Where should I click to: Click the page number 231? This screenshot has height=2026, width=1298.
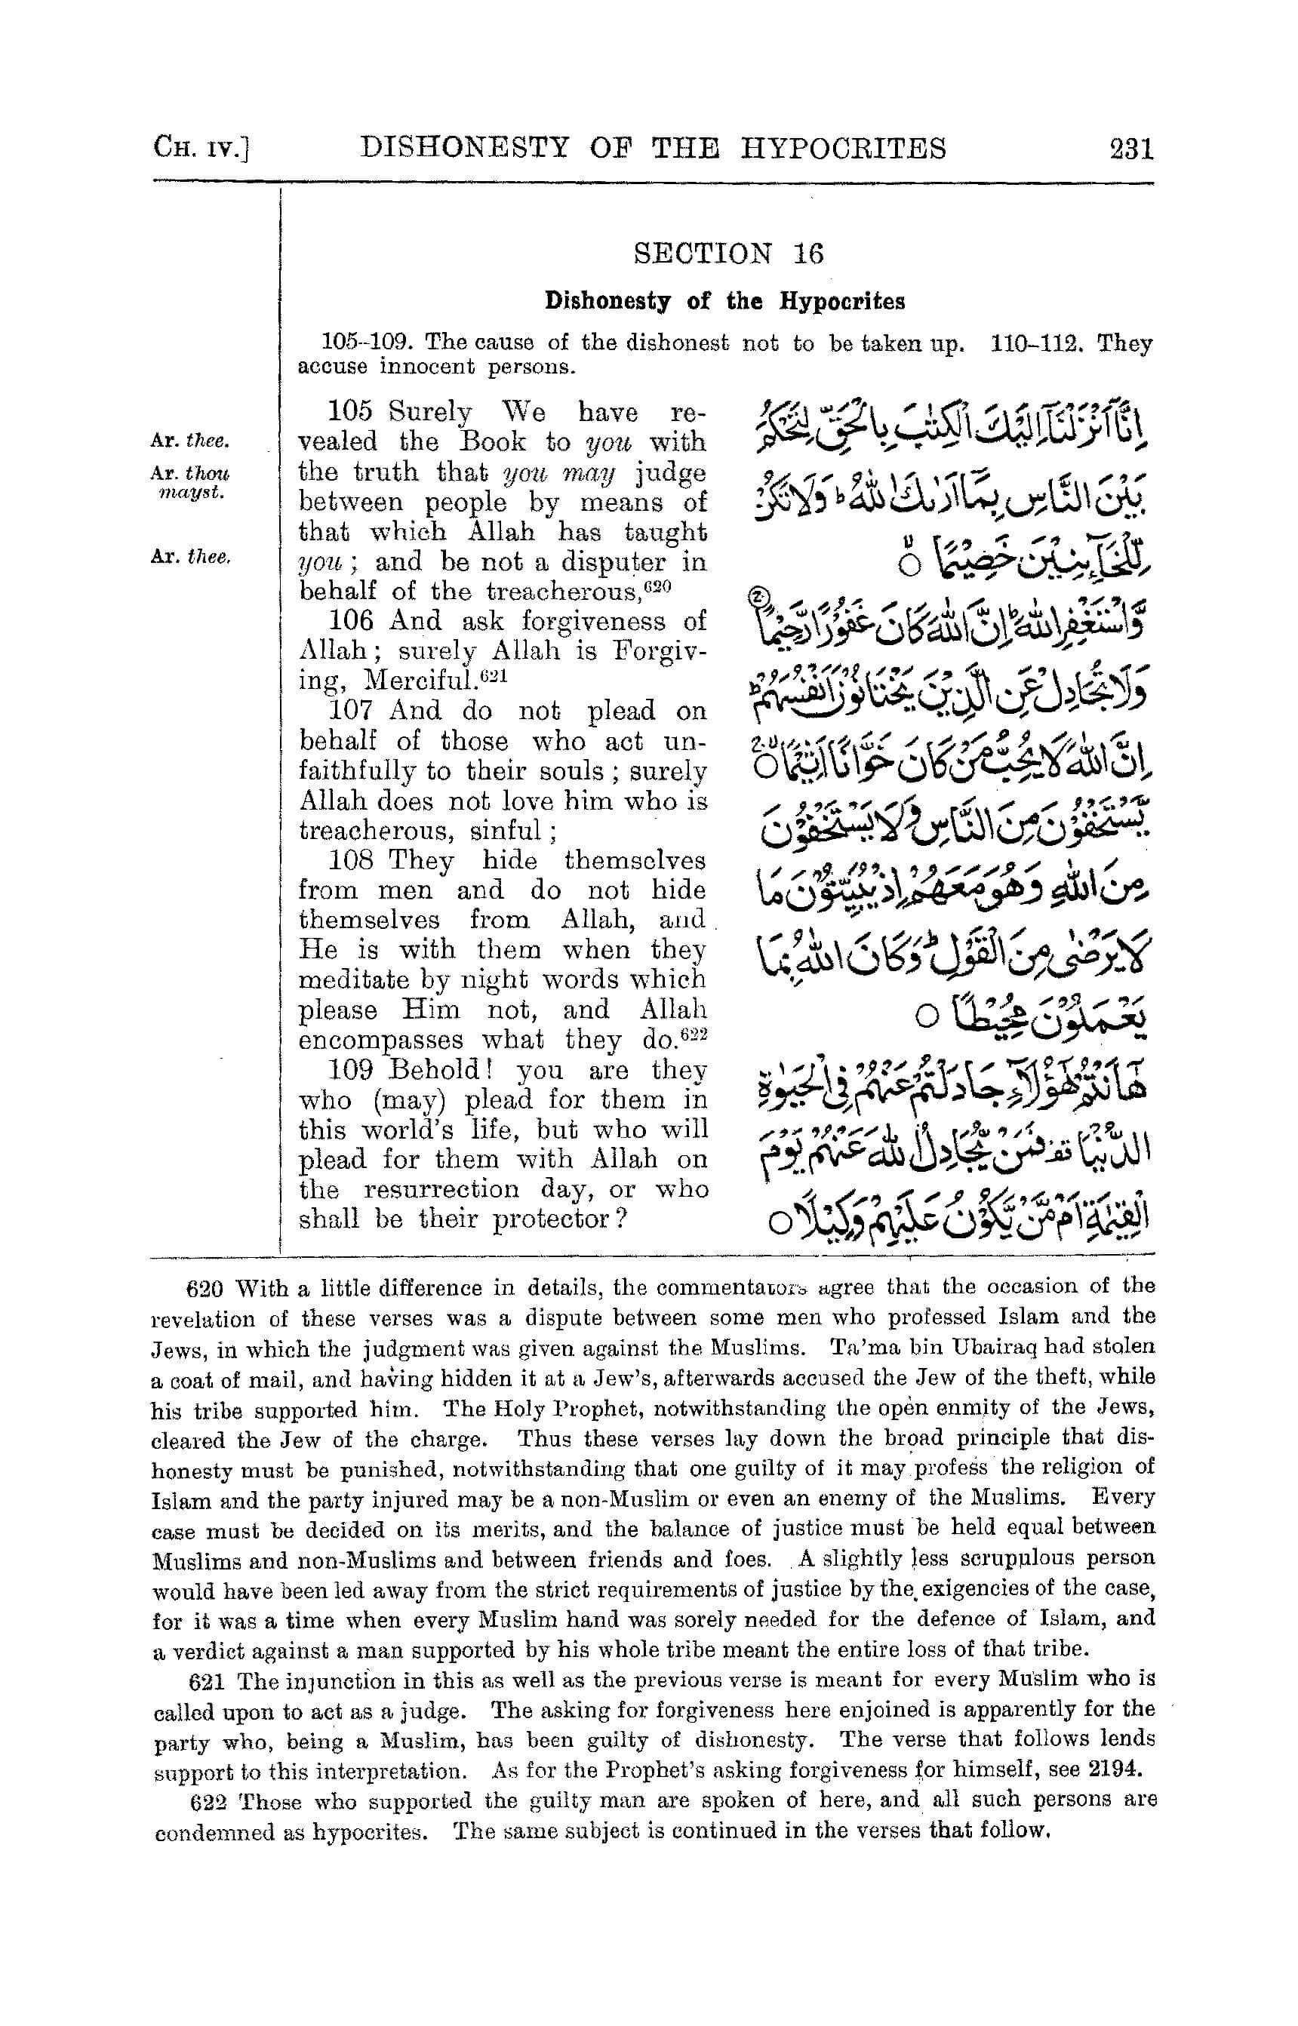1130,149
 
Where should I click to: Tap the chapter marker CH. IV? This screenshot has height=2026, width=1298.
202,149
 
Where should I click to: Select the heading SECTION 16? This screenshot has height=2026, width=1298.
727,254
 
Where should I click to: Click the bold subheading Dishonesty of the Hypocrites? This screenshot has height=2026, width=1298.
725,301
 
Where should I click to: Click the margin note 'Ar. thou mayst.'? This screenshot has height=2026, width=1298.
190,482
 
